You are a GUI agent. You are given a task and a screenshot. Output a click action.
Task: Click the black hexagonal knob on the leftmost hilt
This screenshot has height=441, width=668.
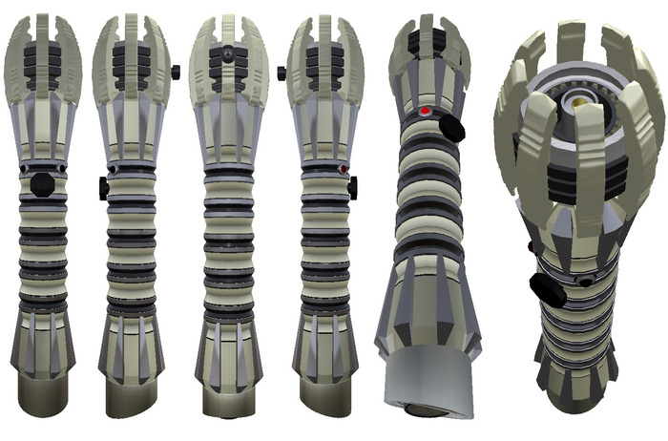pos(42,183)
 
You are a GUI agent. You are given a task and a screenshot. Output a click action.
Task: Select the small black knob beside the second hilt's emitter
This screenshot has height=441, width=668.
pos(177,72)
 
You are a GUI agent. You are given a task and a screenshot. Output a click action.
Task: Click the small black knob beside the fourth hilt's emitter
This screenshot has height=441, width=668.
pos(282,73)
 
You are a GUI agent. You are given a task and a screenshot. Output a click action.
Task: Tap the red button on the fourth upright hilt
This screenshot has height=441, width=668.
pos(343,171)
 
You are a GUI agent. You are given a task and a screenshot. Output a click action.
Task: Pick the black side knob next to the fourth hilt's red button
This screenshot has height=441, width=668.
pos(352,188)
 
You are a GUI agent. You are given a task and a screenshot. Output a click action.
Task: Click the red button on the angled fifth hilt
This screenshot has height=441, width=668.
pos(426,111)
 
